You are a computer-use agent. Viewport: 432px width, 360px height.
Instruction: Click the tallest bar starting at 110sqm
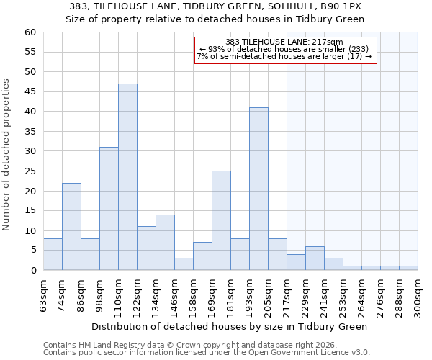pos(127,177)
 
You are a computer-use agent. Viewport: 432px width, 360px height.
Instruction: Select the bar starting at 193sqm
pos(258,189)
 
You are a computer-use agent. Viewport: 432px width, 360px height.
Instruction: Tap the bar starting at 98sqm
pos(109,209)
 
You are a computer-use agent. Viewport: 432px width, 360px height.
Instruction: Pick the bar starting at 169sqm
pos(221,220)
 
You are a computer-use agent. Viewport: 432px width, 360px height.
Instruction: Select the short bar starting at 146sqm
pos(184,264)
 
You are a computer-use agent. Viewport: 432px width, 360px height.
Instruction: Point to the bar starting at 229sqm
pos(315,258)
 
